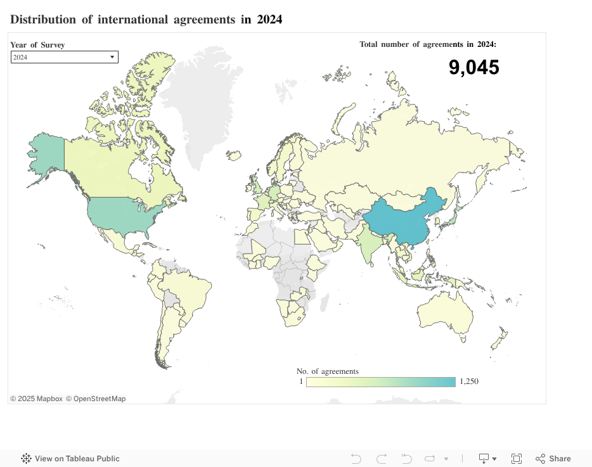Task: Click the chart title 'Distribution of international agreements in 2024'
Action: tap(146, 20)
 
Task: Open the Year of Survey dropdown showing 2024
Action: tap(65, 57)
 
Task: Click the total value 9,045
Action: tap(473, 67)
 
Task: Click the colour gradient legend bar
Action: tap(380, 382)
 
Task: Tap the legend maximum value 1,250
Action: tap(470, 382)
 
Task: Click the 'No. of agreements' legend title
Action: tap(327, 371)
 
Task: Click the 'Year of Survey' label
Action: tap(37, 45)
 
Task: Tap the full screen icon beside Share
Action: tap(517, 459)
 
